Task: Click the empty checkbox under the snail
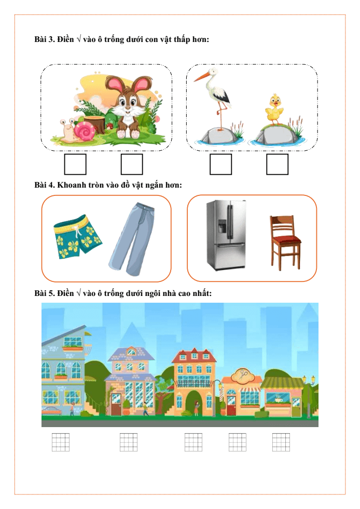(x=75, y=164)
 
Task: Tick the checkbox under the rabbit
(x=132, y=164)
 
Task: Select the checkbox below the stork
(x=220, y=164)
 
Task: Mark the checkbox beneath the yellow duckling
(x=277, y=164)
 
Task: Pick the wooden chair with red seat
(x=285, y=243)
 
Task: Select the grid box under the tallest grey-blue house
(x=61, y=442)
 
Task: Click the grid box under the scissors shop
(x=238, y=442)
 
